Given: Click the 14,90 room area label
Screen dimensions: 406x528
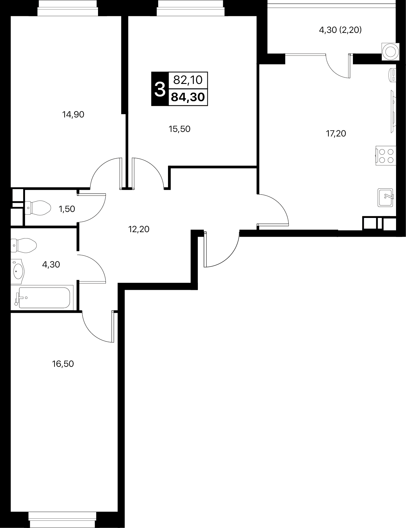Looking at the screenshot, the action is click(x=73, y=114).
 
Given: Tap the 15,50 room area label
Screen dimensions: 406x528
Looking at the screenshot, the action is click(x=179, y=129).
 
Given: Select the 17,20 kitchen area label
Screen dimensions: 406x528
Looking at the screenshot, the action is click(x=336, y=133).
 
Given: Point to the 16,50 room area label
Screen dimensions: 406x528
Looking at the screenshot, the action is click(x=63, y=364).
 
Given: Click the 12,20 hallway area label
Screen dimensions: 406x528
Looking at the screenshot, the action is click(x=139, y=229).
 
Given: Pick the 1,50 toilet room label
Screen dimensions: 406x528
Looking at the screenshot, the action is click(x=67, y=209).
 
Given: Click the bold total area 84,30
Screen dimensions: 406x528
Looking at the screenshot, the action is click(x=188, y=97).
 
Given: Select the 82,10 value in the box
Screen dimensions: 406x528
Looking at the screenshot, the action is click(x=188, y=80).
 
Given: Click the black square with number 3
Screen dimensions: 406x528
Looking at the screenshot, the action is click(x=160, y=89).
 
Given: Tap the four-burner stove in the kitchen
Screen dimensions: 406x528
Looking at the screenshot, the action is click(x=385, y=155).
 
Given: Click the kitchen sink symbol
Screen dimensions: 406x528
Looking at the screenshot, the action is click(x=385, y=197).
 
